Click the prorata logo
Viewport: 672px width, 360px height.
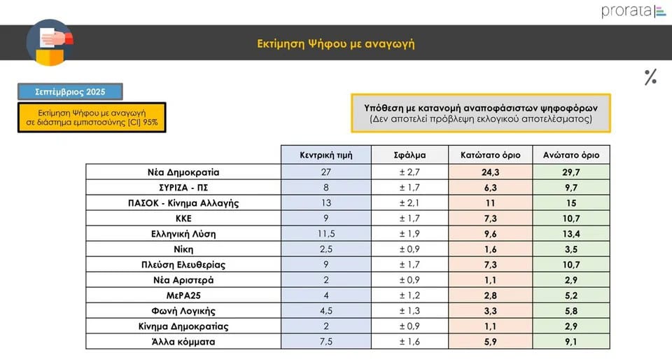633,11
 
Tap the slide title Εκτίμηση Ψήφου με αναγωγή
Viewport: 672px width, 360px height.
336,43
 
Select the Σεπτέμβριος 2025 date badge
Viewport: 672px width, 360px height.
70,92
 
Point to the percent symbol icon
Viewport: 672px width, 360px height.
650,77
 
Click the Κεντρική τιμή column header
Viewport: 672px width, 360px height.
325,155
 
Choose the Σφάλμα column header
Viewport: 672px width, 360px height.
409,155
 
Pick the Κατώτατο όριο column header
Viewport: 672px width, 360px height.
490,155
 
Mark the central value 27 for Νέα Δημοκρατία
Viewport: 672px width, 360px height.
325,172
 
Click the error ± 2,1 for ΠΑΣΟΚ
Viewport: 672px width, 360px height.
409,203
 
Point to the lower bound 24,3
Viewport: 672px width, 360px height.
490,172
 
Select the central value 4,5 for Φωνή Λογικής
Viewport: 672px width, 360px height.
325,311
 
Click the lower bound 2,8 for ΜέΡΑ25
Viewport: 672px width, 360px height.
490,296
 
